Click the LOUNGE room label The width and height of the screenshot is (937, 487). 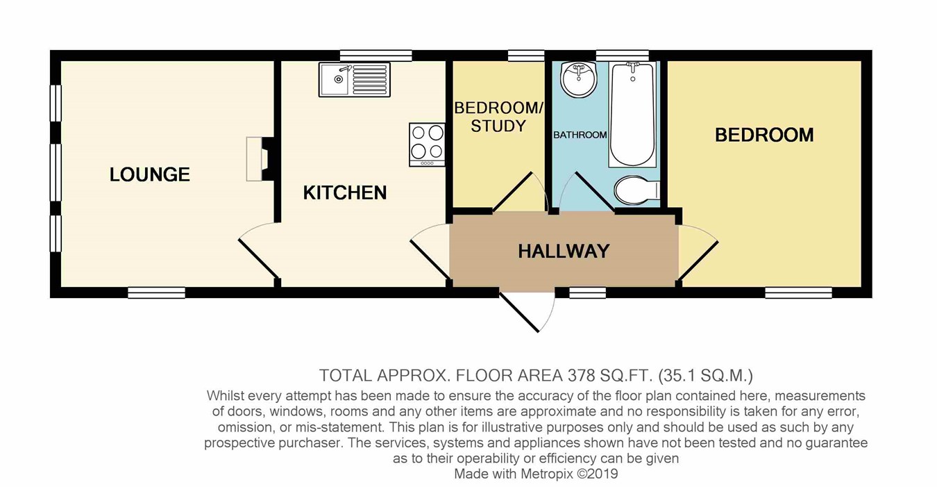click(x=150, y=174)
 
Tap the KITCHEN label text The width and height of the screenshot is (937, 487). click(x=345, y=193)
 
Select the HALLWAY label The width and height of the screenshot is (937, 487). click(x=564, y=251)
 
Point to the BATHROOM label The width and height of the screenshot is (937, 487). click(x=580, y=135)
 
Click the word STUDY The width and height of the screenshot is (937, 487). click(x=498, y=126)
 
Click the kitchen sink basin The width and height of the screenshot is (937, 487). click(x=335, y=80)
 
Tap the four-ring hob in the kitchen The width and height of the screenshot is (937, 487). click(x=427, y=145)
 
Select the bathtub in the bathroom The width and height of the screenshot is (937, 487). click(x=632, y=115)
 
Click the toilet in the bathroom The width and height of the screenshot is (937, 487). click(x=637, y=190)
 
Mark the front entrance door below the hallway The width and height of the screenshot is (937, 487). click(x=518, y=312)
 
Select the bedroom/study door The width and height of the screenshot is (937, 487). click(x=512, y=191)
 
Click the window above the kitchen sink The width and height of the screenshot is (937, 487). click(x=375, y=56)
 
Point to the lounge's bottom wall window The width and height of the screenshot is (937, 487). click(x=156, y=292)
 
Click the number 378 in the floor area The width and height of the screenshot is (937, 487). click(x=582, y=376)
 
